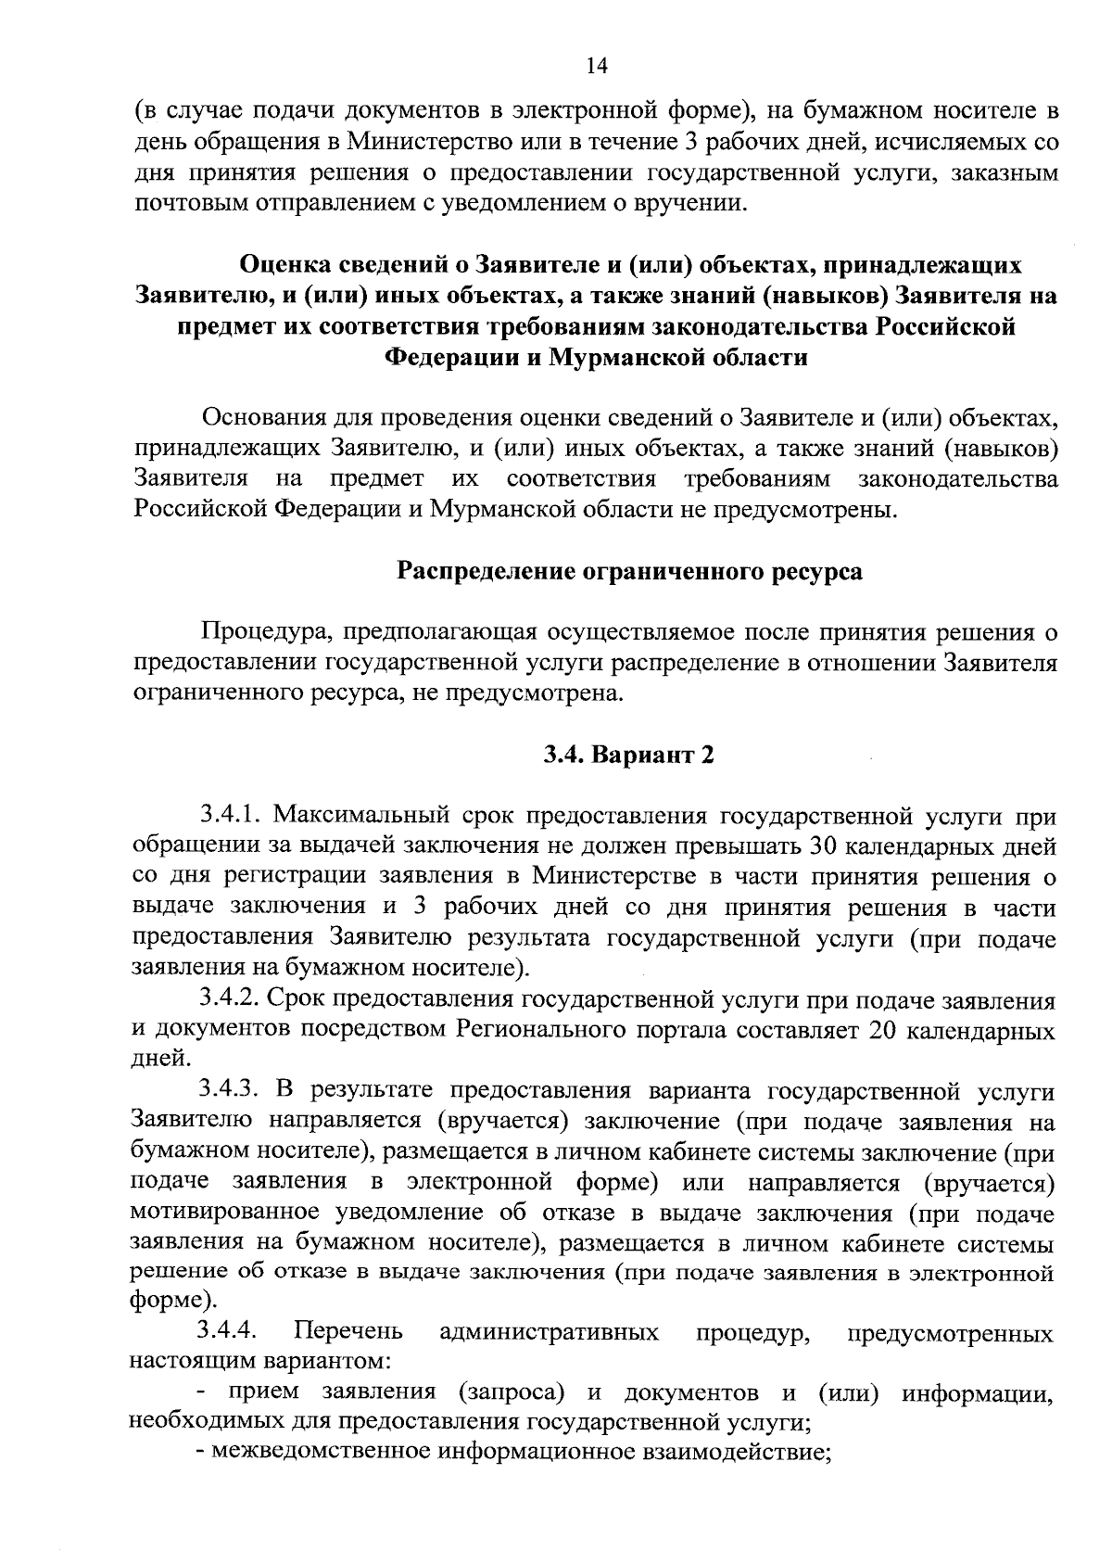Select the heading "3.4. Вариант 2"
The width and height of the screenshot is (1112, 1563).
629,756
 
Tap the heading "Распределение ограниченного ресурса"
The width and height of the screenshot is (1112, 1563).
629,571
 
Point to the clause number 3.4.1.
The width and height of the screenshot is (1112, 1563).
228,816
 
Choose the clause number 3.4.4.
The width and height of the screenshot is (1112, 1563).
227,1332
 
